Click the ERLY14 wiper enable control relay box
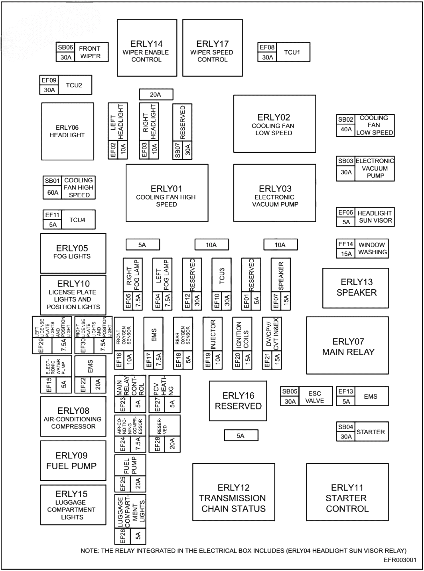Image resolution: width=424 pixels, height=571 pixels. [147, 48]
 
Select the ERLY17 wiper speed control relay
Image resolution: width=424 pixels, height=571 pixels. [212, 48]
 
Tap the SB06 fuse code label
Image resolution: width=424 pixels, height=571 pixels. [65, 47]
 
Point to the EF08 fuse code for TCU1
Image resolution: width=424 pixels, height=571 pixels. [267, 47]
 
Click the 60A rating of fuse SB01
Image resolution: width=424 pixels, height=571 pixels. [53, 193]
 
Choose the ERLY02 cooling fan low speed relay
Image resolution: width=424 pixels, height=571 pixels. [274, 124]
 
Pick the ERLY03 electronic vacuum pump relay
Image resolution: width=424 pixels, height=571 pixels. [274, 193]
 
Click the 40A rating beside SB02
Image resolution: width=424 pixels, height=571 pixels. [346, 129]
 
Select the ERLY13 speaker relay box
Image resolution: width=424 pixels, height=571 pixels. [355, 288]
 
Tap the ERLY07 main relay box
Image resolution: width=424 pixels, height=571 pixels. [347, 346]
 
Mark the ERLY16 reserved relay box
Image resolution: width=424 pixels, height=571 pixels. [238, 401]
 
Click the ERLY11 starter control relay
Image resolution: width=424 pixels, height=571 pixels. [347, 498]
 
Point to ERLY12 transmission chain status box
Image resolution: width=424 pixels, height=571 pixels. [233, 498]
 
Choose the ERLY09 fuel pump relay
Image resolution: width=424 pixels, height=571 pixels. [73, 460]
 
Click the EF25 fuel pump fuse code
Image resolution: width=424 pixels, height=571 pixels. [122, 484]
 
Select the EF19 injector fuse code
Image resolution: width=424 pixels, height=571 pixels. [208, 360]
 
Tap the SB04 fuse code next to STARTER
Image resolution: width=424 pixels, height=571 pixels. [346, 427]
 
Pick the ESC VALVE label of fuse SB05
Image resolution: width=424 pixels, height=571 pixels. [315, 397]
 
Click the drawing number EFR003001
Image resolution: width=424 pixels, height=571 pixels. [400, 560]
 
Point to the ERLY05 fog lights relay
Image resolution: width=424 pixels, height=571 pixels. [73, 253]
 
